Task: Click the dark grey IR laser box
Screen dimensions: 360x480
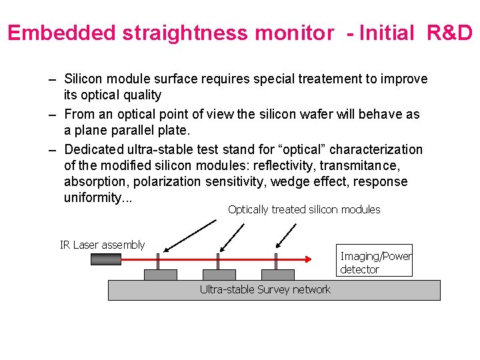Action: tap(106, 259)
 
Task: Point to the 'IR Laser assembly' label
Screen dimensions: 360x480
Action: tap(102, 245)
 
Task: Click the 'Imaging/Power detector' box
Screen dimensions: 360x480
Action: tap(375, 263)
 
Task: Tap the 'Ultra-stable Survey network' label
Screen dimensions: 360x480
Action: tap(265, 289)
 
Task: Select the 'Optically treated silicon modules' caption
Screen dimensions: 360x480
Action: tap(304, 209)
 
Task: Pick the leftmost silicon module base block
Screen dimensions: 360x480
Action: tap(161, 275)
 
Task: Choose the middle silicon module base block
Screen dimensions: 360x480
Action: tap(219, 275)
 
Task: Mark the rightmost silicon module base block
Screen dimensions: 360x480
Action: tap(278, 275)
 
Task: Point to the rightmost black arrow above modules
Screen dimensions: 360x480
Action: tap(285, 234)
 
